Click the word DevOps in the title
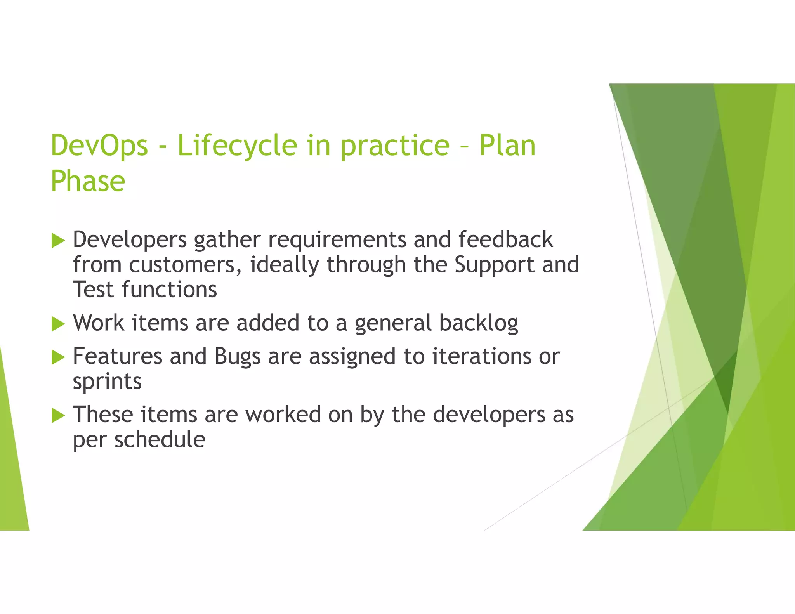(x=99, y=146)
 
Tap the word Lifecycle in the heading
(x=237, y=146)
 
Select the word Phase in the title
(x=88, y=181)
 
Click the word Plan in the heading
(x=507, y=146)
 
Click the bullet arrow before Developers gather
(x=58, y=241)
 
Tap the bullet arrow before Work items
(x=58, y=324)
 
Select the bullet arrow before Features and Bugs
(x=58, y=357)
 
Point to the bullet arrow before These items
(x=58, y=415)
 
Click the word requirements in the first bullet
(x=337, y=240)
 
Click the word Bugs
(x=237, y=357)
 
